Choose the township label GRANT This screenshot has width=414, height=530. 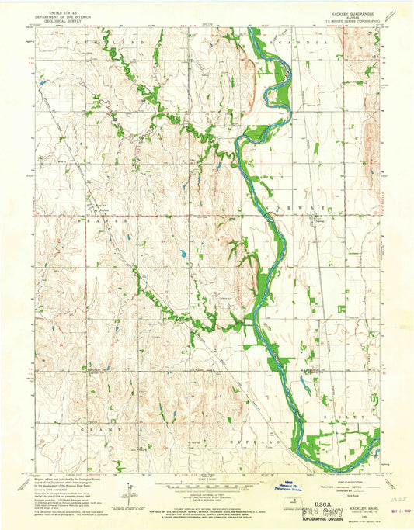100,428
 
